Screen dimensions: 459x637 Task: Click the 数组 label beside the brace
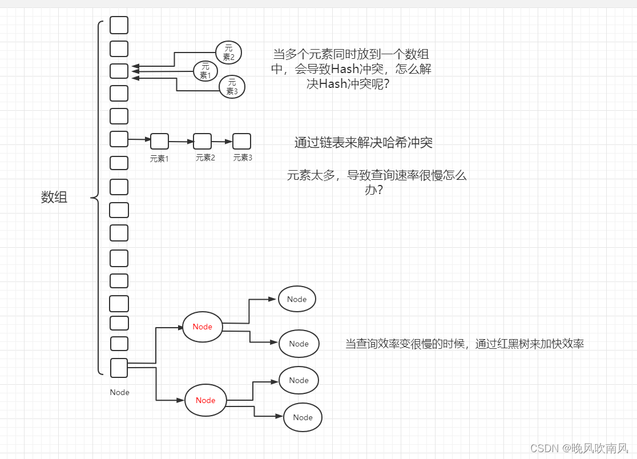tap(54, 198)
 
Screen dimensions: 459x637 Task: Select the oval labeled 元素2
tap(229, 53)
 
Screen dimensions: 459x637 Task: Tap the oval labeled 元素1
tap(205, 71)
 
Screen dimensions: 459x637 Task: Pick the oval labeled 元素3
tap(232, 86)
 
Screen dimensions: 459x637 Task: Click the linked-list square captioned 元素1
tap(159, 140)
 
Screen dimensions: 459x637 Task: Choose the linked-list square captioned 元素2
tap(203, 140)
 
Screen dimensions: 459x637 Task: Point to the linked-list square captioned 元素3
tap(241, 141)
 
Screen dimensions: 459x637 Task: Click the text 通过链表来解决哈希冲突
tap(363, 143)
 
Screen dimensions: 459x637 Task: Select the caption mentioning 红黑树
tap(464, 344)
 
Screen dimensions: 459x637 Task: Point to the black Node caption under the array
tap(119, 392)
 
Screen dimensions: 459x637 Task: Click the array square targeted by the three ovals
tap(119, 71)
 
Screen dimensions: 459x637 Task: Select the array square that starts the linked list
tap(119, 139)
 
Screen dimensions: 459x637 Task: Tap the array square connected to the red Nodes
tap(119, 368)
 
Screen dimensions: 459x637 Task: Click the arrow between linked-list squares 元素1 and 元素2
tap(181, 141)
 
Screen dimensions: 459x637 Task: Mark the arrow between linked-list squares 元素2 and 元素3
tap(222, 141)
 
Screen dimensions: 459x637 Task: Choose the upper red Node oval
tap(203, 327)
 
